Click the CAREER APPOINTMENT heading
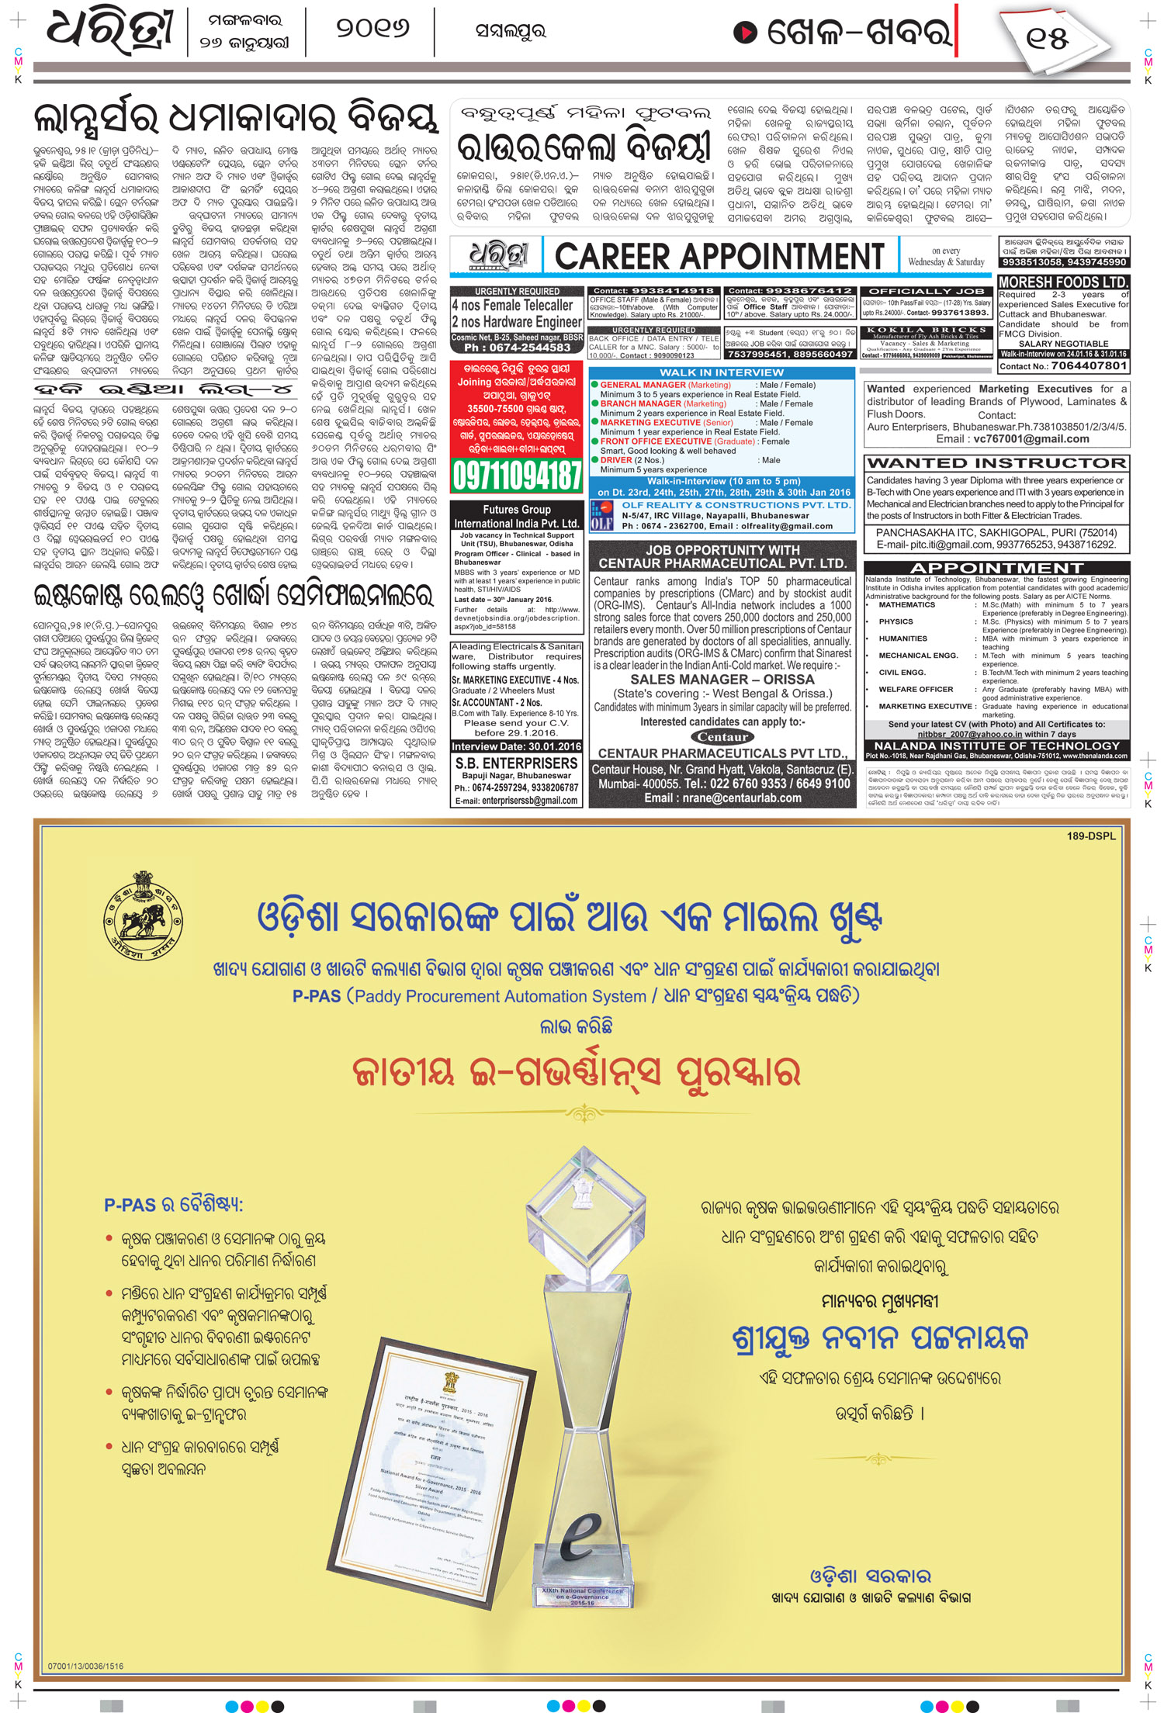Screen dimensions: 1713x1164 click(x=719, y=256)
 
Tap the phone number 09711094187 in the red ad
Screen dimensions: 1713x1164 click(x=517, y=474)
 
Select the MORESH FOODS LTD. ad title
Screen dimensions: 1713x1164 click(x=1062, y=282)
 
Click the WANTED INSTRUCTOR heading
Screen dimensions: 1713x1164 click(x=996, y=463)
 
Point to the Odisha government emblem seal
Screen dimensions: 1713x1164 click(x=143, y=915)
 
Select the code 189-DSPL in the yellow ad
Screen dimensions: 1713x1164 click(x=1091, y=836)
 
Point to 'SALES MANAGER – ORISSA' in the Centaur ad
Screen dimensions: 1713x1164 click(x=722, y=679)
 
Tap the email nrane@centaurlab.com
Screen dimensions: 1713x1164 click(x=722, y=798)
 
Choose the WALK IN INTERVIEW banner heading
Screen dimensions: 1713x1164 click(x=722, y=372)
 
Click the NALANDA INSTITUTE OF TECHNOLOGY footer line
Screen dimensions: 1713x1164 click(x=996, y=746)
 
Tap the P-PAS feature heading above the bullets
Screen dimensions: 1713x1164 click(x=174, y=1205)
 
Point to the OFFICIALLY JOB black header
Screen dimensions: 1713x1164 click(x=926, y=292)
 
